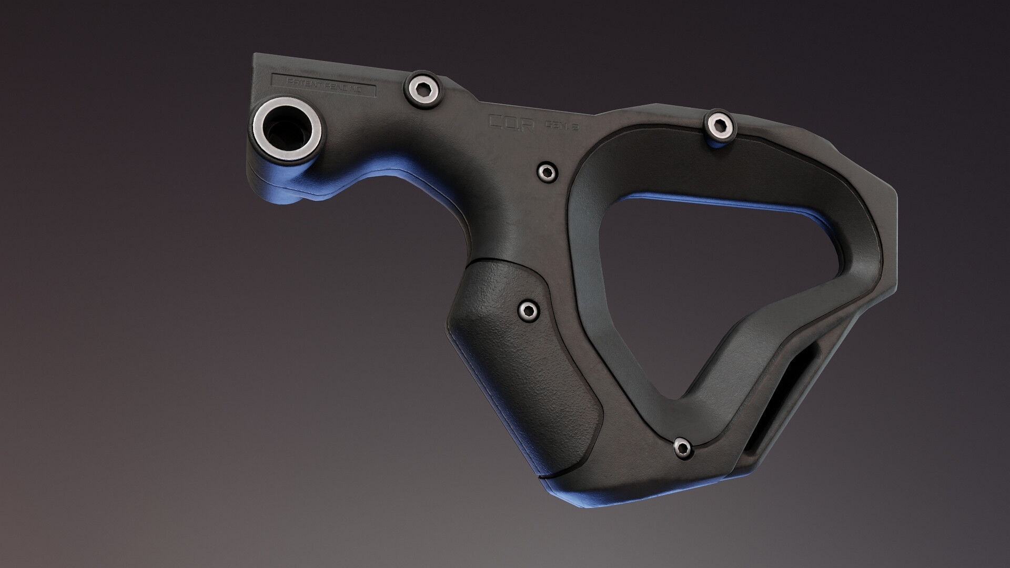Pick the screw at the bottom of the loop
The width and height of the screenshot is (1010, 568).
[682, 447]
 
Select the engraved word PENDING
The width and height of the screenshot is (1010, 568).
[342, 86]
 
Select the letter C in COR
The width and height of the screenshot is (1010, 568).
[496, 121]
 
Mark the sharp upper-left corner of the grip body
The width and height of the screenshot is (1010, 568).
[254, 54]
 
